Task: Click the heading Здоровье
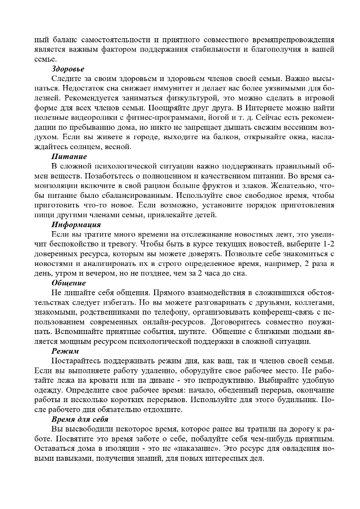click(68, 69)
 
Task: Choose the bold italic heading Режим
click(65, 351)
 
